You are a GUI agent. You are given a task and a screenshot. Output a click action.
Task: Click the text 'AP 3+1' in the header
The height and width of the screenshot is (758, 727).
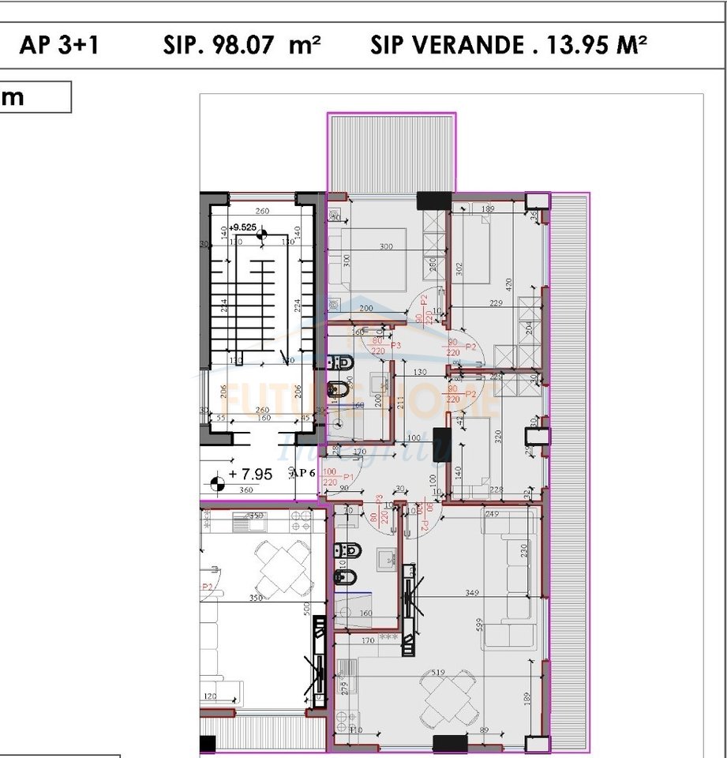click(x=59, y=45)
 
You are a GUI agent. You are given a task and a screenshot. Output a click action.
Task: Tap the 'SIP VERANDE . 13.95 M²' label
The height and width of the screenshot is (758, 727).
click(x=508, y=45)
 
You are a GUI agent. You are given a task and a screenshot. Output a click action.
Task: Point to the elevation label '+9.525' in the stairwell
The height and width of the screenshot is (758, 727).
click(x=243, y=227)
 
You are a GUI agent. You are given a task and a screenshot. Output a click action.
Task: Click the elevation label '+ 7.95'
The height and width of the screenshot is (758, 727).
click(x=250, y=475)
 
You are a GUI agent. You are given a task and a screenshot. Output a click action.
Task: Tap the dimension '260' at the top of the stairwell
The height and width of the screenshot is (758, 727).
click(x=262, y=212)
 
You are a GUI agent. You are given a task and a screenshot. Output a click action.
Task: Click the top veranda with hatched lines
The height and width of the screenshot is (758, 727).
click(x=392, y=152)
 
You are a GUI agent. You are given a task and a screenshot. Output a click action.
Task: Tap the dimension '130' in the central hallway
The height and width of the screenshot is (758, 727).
click(x=420, y=373)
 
